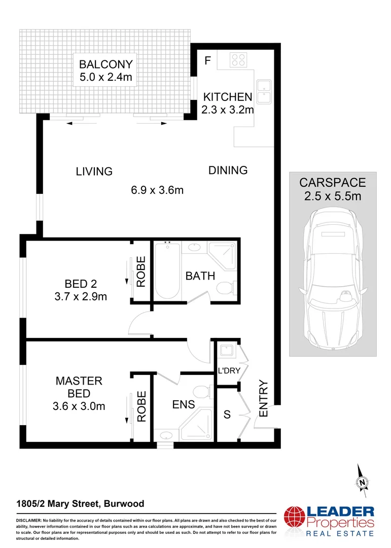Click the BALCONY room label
(106, 65)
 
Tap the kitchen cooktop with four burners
(238, 60)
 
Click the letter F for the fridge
(207, 61)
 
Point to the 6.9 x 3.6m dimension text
(157, 190)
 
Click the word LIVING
(94, 172)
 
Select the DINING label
(228, 170)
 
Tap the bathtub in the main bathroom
(167, 270)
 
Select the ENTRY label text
(263, 399)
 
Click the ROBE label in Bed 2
(141, 272)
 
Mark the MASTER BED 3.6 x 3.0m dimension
(79, 406)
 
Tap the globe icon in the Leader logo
(294, 521)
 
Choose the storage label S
(227, 415)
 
